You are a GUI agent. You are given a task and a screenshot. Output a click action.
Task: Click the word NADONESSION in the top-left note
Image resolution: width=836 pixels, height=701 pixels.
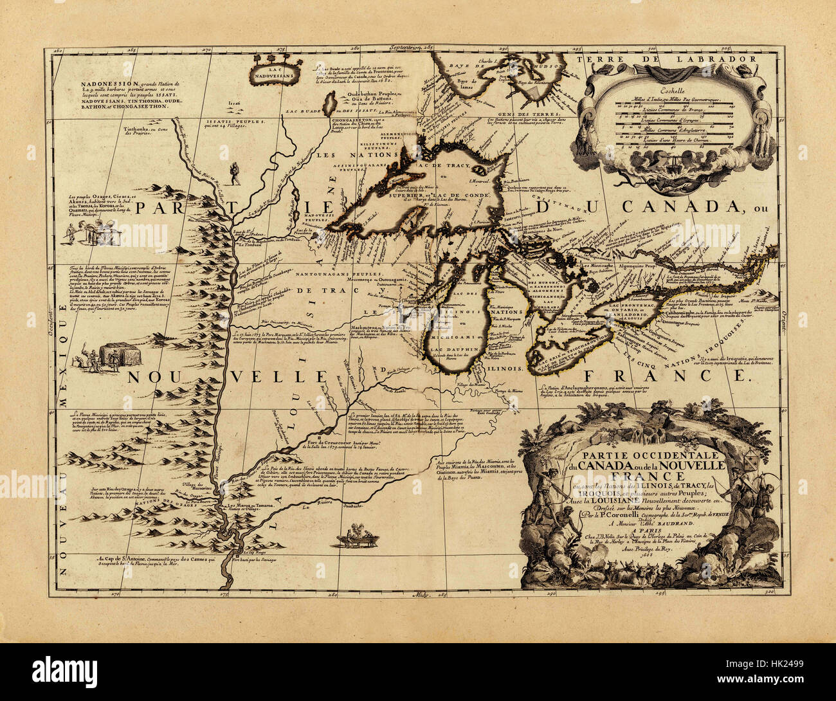click(x=104, y=84)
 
